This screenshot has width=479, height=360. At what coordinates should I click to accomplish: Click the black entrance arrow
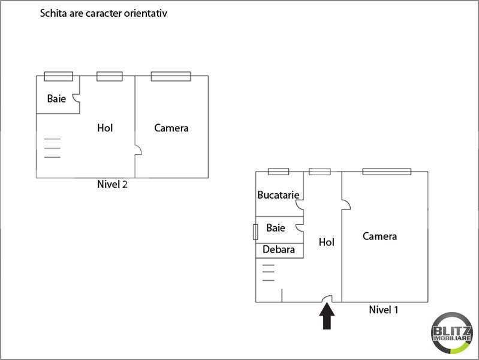tap(327, 316)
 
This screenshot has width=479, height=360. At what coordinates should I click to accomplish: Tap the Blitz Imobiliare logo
tap(452, 334)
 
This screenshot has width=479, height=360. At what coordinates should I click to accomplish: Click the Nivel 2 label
tap(112, 184)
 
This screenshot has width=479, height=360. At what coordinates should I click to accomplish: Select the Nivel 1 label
tap(384, 310)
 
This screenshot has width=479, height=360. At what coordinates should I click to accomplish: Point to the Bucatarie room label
tap(278, 195)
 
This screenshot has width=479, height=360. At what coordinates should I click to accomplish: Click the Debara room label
tap(279, 250)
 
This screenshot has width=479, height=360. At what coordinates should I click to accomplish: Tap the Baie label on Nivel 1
tap(276, 228)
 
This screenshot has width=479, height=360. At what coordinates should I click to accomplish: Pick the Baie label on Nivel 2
tap(56, 98)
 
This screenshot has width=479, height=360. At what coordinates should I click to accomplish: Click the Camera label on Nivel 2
tap(171, 128)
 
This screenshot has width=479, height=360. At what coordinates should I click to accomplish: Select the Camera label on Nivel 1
tap(379, 236)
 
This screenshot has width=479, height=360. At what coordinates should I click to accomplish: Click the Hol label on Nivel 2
tap(105, 128)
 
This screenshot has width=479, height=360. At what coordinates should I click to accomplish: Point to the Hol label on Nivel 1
tap(327, 242)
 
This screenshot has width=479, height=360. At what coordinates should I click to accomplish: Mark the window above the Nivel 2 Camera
tap(171, 76)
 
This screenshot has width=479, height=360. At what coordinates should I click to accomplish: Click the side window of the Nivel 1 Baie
tap(255, 232)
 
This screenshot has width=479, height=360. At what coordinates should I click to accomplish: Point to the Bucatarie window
tap(279, 172)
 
